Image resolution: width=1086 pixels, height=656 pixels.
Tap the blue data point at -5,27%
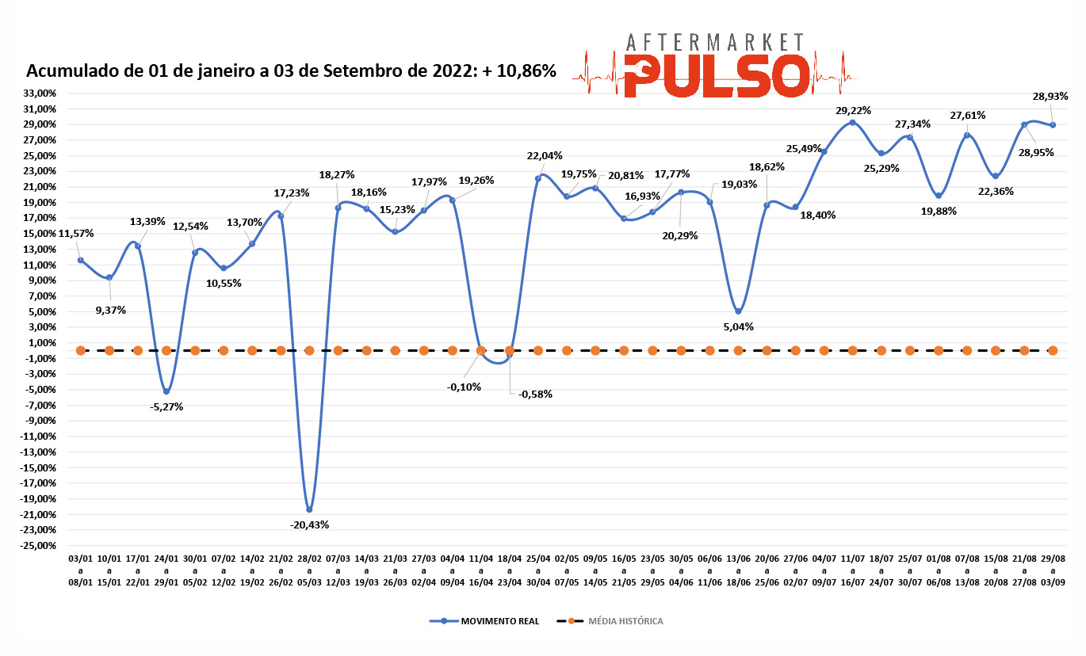pos(166,391)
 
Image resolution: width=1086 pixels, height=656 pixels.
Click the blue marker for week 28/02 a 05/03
pos(309,509)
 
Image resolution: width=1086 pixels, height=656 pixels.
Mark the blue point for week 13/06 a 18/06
pos(738,311)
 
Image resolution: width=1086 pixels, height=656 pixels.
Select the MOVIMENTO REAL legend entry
pos(499,621)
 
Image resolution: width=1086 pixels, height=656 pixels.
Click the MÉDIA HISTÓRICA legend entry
pos(625,621)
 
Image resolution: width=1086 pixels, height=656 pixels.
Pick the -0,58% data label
pos(535,394)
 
